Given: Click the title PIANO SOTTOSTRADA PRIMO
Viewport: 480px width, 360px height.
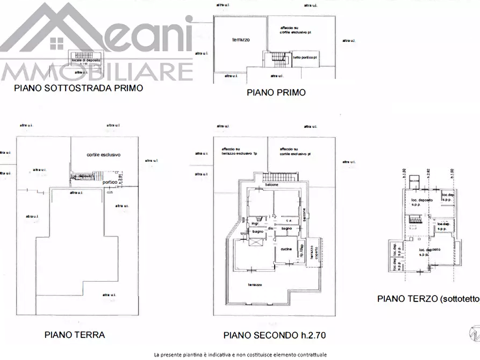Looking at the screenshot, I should pyautogui.click(x=78, y=88).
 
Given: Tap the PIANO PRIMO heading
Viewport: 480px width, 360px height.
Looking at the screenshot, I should pyautogui.click(x=276, y=92).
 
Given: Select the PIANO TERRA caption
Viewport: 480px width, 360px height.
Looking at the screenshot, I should pyautogui.click(x=74, y=334).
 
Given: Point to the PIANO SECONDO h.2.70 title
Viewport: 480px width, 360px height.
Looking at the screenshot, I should pyautogui.click(x=275, y=335).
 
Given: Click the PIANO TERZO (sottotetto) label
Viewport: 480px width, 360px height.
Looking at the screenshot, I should pyautogui.click(x=427, y=299).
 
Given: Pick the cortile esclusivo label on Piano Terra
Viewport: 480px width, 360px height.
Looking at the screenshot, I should pyautogui.click(x=103, y=155).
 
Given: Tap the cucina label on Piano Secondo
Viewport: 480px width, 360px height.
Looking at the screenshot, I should pyautogui.click(x=286, y=249).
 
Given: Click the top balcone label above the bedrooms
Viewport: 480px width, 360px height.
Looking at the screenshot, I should pyautogui.click(x=271, y=185).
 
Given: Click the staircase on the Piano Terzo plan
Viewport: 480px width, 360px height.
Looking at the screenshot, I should pyautogui.click(x=415, y=219).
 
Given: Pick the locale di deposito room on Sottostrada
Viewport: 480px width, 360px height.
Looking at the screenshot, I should pyautogui.click(x=83, y=57).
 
